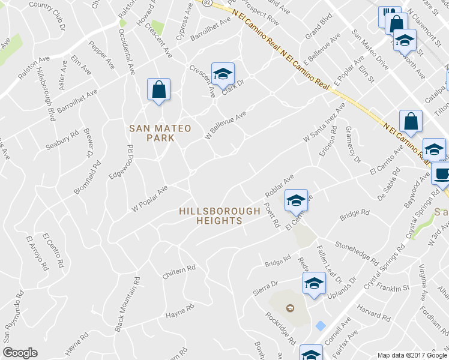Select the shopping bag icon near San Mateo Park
pos(158,90)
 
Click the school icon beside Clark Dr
pos(223,74)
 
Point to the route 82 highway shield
pos(207,3)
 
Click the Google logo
pos(20,353)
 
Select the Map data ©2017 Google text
pos(412,355)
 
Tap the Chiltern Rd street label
pos(179,272)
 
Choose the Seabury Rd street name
pos(62,141)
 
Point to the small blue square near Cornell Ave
pos(321,325)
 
